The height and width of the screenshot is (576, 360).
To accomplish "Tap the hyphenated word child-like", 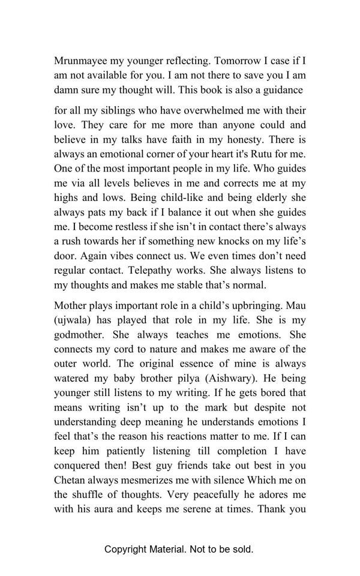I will click(x=158, y=198).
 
